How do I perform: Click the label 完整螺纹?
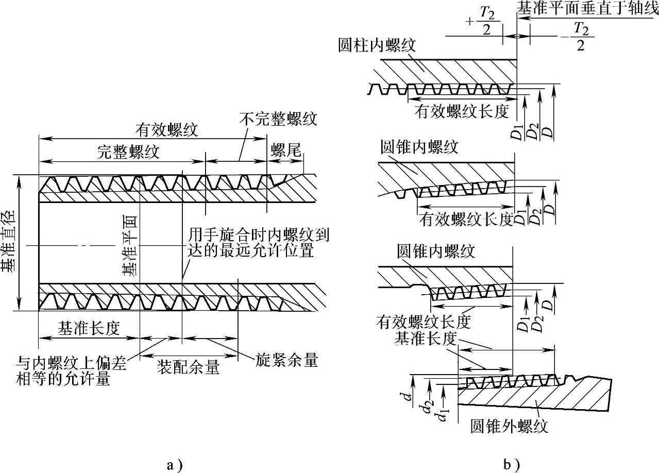click(x=129, y=151)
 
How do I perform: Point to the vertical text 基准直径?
click(x=9, y=242)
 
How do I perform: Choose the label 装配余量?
click(x=189, y=367)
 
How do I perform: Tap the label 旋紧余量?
click(x=286, y=360)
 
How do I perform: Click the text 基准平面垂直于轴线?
click(x=587, y=9)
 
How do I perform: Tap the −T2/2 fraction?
click(x=576, y=37)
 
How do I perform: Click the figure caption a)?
click(x=175, y=465)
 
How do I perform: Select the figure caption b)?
click(x=512, y=465)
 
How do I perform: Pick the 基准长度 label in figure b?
click(x=428, y=338)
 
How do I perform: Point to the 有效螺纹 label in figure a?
click(x=166, y=129)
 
